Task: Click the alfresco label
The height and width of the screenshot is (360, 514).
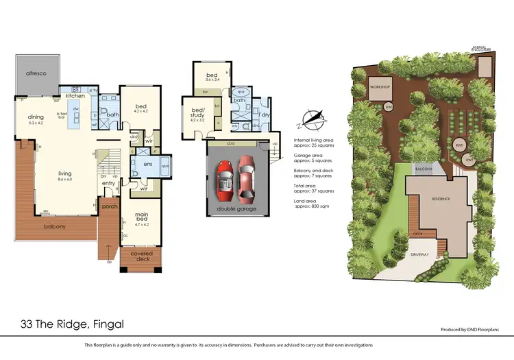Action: [36, 72]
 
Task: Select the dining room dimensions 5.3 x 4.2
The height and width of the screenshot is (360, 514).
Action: [36, 123]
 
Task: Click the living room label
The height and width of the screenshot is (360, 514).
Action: [65, 173]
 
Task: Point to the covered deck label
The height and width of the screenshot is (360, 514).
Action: [142, 256]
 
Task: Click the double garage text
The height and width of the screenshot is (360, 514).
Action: [237, 208]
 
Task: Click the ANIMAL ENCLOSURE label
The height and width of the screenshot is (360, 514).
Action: [482, 48]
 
